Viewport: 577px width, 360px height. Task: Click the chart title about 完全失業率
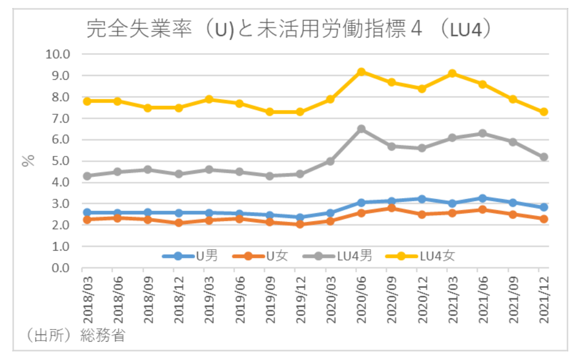pos(289,29)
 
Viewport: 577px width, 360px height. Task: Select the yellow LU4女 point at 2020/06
pos(361,72)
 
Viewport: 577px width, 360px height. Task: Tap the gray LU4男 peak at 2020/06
pos(361,129)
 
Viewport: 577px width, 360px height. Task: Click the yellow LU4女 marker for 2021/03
pos(452,73)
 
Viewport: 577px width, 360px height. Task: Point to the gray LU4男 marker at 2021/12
pos(544,157)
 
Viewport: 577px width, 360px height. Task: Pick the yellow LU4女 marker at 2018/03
pos(87,101)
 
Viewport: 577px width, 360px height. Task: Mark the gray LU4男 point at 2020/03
pos(330,161)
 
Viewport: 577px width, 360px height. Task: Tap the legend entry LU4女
pos(422,256)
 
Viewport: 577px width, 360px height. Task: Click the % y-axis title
pos(28,160)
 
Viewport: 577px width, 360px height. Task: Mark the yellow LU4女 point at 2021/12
pos(544,111)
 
